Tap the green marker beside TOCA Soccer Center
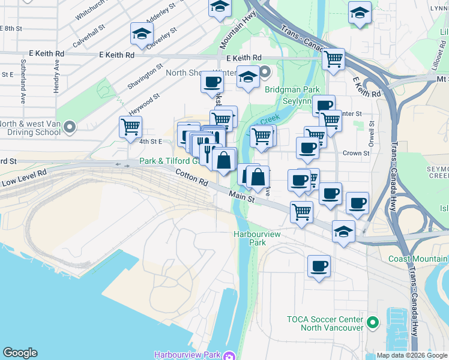point(373,323)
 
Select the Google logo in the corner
point(20,353)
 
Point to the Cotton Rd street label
point(192,177)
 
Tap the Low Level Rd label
point(24,178)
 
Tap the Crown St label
point(356,153)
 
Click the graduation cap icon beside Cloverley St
point(141,34)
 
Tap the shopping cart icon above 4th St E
point(130,127)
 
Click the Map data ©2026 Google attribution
point(412,355)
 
